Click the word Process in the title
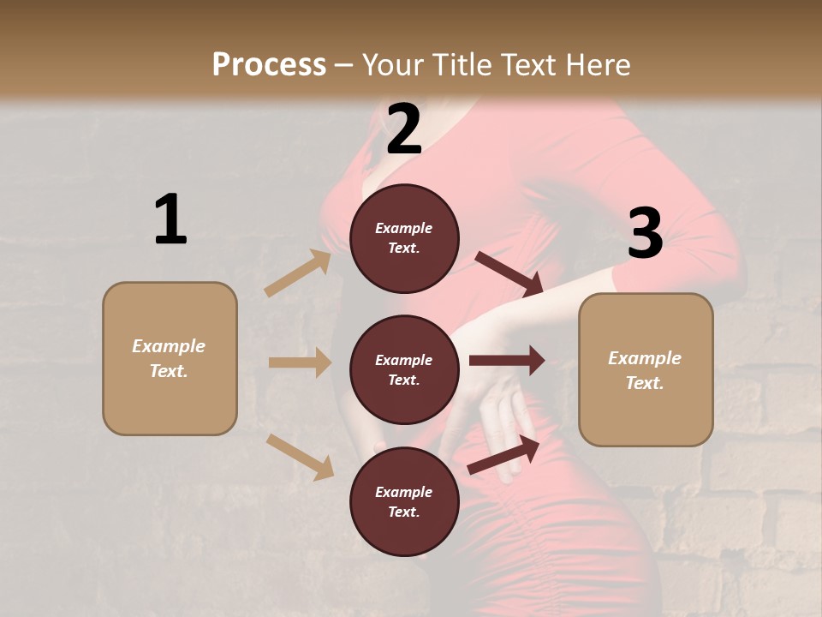[269, 64]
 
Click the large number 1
[170, 219]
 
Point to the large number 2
[404, 129]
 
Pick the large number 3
[645, 233]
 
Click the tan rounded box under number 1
[170, 358]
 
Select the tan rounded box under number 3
[646, 369]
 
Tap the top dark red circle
[404, 238]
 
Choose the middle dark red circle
[404, 369]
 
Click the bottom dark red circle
[404, 501]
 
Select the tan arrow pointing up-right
[298, 273]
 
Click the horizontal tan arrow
[300, 362]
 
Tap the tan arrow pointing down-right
[301, 456]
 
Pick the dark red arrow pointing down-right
[509, 273]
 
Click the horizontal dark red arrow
[507, 361]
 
